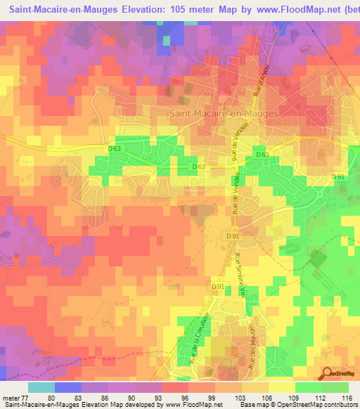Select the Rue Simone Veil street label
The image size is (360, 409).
(241, 274)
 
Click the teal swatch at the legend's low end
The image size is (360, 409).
(41, 387)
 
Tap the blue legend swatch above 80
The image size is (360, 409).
(68, 387)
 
